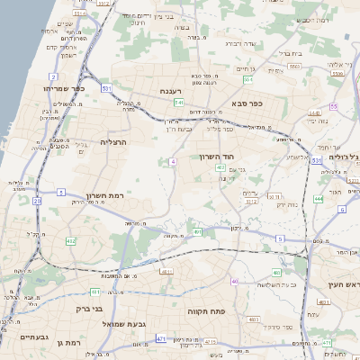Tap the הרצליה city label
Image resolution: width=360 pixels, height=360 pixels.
[x=114, y=142]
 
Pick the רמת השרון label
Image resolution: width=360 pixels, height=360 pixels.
[x=103, y=195]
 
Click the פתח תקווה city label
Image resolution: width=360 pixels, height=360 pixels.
[x=205, y=310]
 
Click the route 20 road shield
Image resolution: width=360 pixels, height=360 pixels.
[x=38, y=201]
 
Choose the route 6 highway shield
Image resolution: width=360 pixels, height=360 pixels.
[x=343, y=210]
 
